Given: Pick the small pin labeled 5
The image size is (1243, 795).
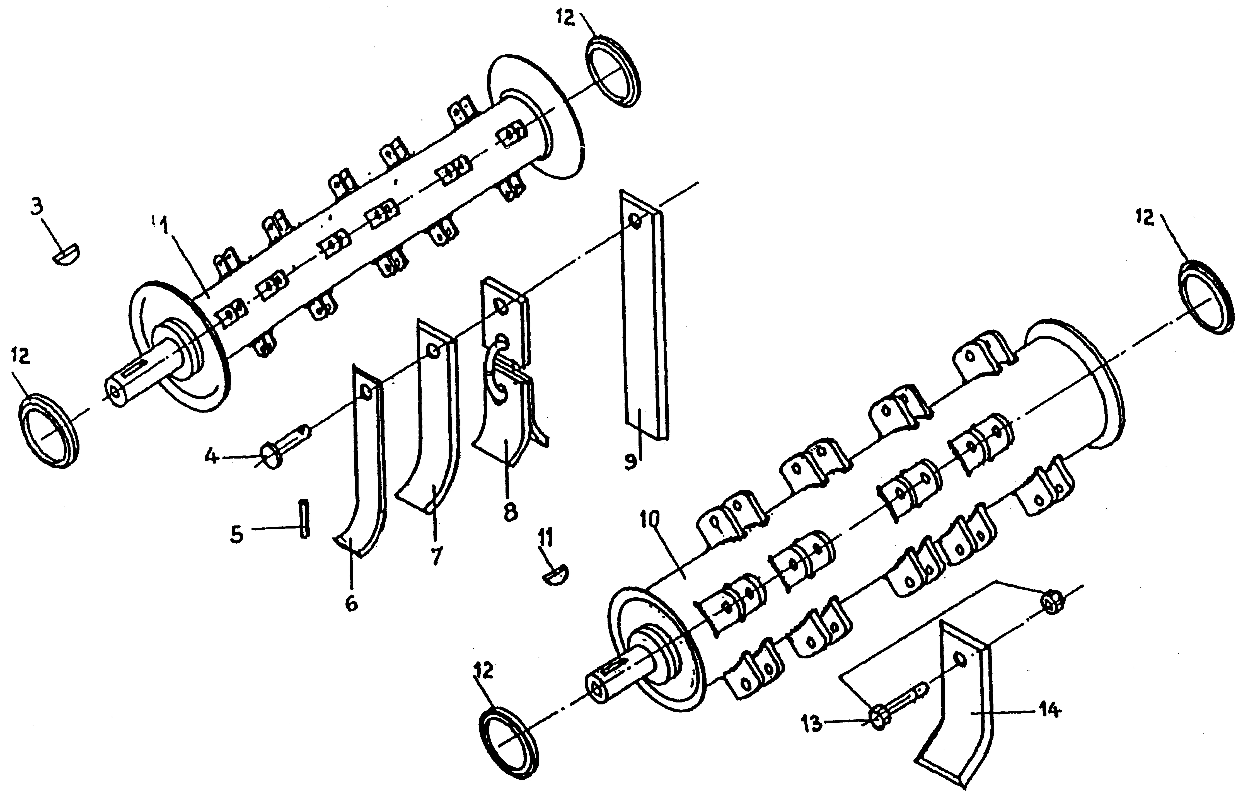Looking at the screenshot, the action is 304,518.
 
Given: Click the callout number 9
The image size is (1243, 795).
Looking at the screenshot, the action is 630,461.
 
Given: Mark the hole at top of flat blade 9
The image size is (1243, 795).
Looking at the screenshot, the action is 635,221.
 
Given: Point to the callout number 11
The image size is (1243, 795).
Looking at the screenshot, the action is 545,537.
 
